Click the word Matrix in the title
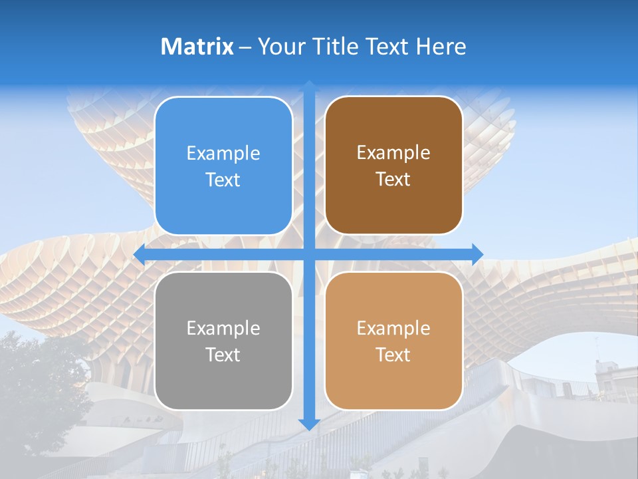197,47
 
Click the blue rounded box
223,206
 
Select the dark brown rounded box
393,206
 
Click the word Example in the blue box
223,154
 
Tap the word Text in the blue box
223,180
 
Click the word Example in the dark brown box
393,153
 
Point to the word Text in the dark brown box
393,179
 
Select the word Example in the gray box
223,329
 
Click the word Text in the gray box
223,355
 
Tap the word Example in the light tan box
393,329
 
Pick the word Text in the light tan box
393,355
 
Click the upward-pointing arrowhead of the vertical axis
309,86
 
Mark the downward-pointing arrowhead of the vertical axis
309,424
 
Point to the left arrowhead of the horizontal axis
140,254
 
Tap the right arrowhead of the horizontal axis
478,254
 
